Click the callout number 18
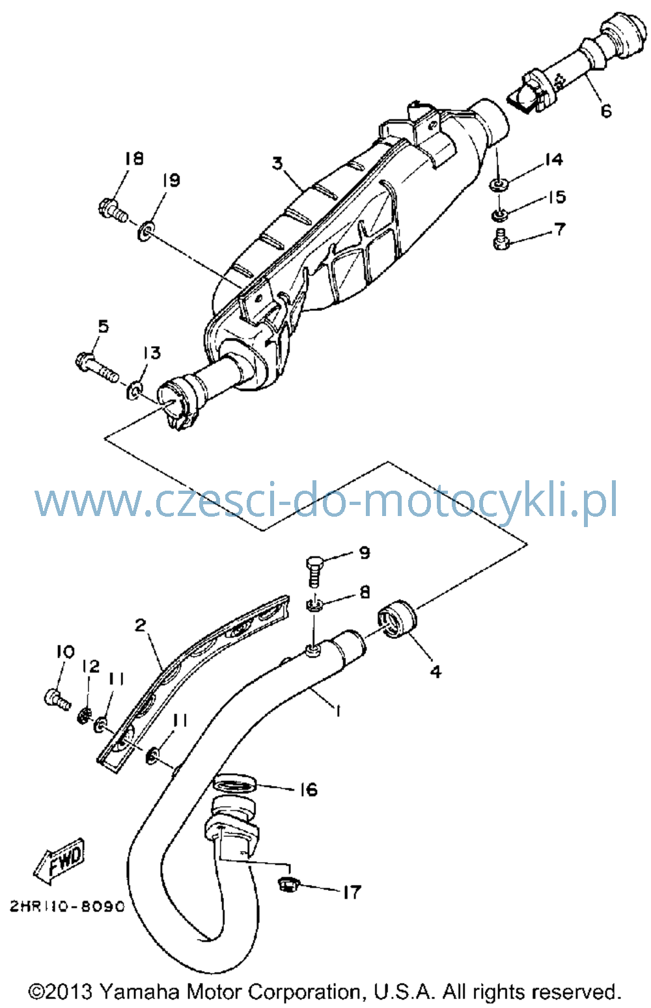coord(133,158)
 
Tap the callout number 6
coord(606,110)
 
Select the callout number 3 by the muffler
coord(278,163)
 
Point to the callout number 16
coord(309,789)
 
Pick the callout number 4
coord(436,672)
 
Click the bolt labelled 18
coord(113,211)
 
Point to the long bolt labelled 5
coord(97,367)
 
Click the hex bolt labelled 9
coord(314,572)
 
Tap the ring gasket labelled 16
coord(234,784)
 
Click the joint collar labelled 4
coord(398,619)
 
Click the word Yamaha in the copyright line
coord(140,991)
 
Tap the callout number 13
coord(152,353)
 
